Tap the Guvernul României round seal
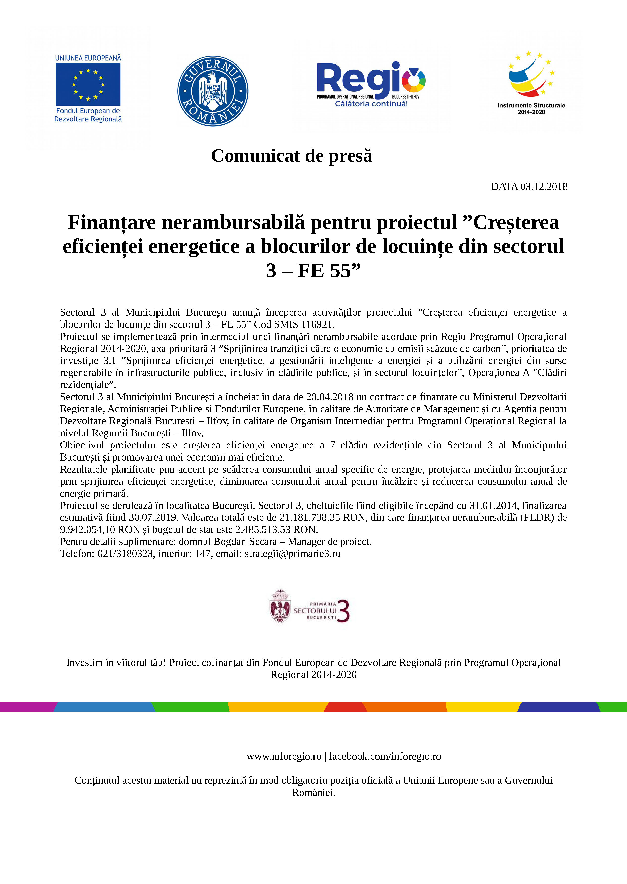click(x=213, y=91)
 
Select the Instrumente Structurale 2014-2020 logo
click(x=531, y=83)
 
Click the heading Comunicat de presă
click(x=292, y=156)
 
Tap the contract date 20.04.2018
click(x=330, y=397)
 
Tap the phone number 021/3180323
click(x=125, y=554)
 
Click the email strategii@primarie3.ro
click(x=292, y=554)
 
